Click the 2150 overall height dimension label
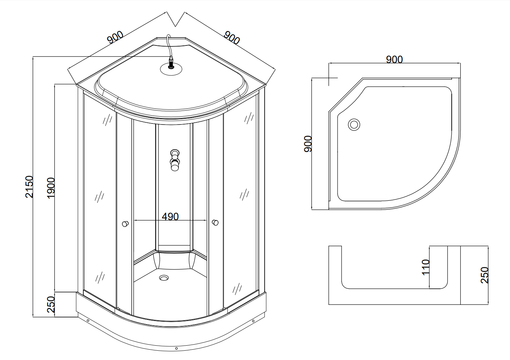[x=29, y=186]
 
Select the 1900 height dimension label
[x=51, y=188]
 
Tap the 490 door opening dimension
[x=170, y=217]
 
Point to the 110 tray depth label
[x=425, y=267]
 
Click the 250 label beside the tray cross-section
[x=485, y=275]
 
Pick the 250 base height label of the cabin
[x=51, y=305]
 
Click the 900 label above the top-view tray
[x=394, y=59]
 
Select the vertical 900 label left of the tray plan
[x=308, y=144]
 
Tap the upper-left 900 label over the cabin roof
[x=116, y=37]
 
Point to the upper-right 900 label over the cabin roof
[x=232, y=38]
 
